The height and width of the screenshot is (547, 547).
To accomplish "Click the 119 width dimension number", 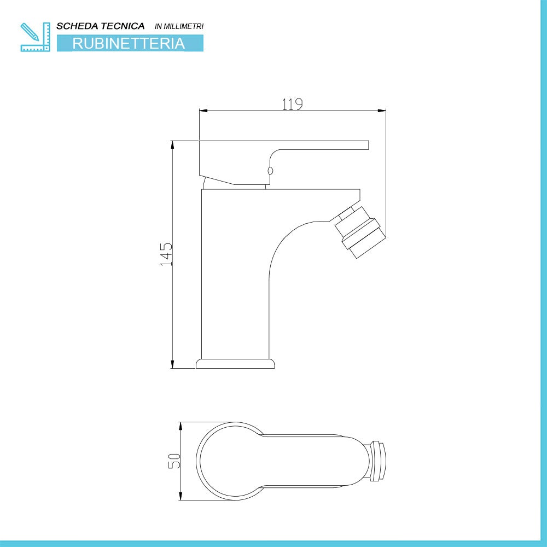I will [293, 104].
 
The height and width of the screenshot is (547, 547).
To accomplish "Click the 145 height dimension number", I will [166, 254].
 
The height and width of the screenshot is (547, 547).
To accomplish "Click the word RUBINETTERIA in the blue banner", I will [129, 43].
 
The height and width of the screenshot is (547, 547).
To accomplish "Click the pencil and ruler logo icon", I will [34, 37].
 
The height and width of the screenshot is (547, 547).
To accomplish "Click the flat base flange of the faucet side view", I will [235, 363].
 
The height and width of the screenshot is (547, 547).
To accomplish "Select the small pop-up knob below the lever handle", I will [269, 171].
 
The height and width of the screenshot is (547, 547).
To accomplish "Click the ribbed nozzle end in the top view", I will [378, 461].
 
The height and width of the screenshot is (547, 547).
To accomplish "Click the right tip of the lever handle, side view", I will [367, 145].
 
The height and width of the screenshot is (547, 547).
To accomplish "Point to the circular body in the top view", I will [230, 461].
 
